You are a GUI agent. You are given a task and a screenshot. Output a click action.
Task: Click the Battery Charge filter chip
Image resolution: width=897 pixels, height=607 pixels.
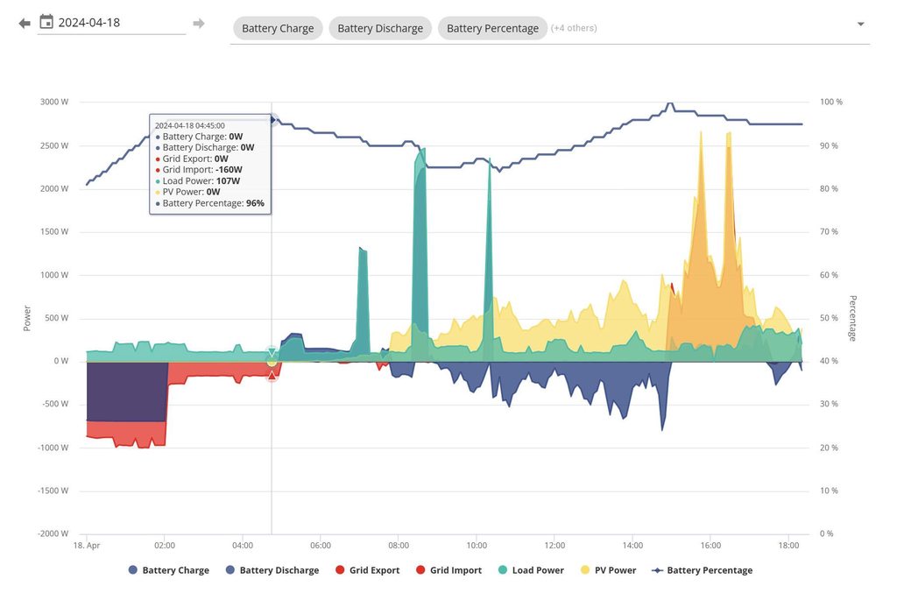point(278,28)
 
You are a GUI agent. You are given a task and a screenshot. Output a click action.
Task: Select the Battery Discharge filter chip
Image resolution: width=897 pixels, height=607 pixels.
point(380,28)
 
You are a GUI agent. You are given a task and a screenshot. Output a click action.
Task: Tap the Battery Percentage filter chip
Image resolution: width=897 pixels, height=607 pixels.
point(492,28)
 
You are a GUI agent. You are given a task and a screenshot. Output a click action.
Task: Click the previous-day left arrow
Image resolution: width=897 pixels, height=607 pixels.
point(25,23)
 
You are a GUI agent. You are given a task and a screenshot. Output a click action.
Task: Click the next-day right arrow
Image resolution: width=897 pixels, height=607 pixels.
point(199,23)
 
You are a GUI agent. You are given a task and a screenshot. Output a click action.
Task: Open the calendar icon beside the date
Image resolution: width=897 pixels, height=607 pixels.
point(46,22)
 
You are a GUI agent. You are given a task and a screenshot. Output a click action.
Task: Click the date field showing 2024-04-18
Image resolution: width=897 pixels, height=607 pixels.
point(114,23)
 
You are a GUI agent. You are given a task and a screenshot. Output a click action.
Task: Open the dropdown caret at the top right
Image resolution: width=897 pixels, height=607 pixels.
point(860,25)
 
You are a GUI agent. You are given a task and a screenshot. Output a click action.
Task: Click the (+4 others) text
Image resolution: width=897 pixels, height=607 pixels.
point(575,28)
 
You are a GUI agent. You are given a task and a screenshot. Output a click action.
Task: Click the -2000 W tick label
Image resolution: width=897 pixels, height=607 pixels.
point(53,533)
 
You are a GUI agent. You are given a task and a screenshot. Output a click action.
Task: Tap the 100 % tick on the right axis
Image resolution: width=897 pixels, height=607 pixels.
point(830,102)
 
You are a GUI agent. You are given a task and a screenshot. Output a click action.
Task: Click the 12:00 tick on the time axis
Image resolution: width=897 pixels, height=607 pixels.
point(554,545)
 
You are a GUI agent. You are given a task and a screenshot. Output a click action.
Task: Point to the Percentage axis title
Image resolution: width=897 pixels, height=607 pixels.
point(852,318)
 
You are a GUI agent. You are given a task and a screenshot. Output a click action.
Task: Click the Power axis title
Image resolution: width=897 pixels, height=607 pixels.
point(26,318)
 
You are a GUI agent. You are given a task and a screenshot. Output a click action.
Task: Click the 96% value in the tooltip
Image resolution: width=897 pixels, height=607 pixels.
point(255,203)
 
